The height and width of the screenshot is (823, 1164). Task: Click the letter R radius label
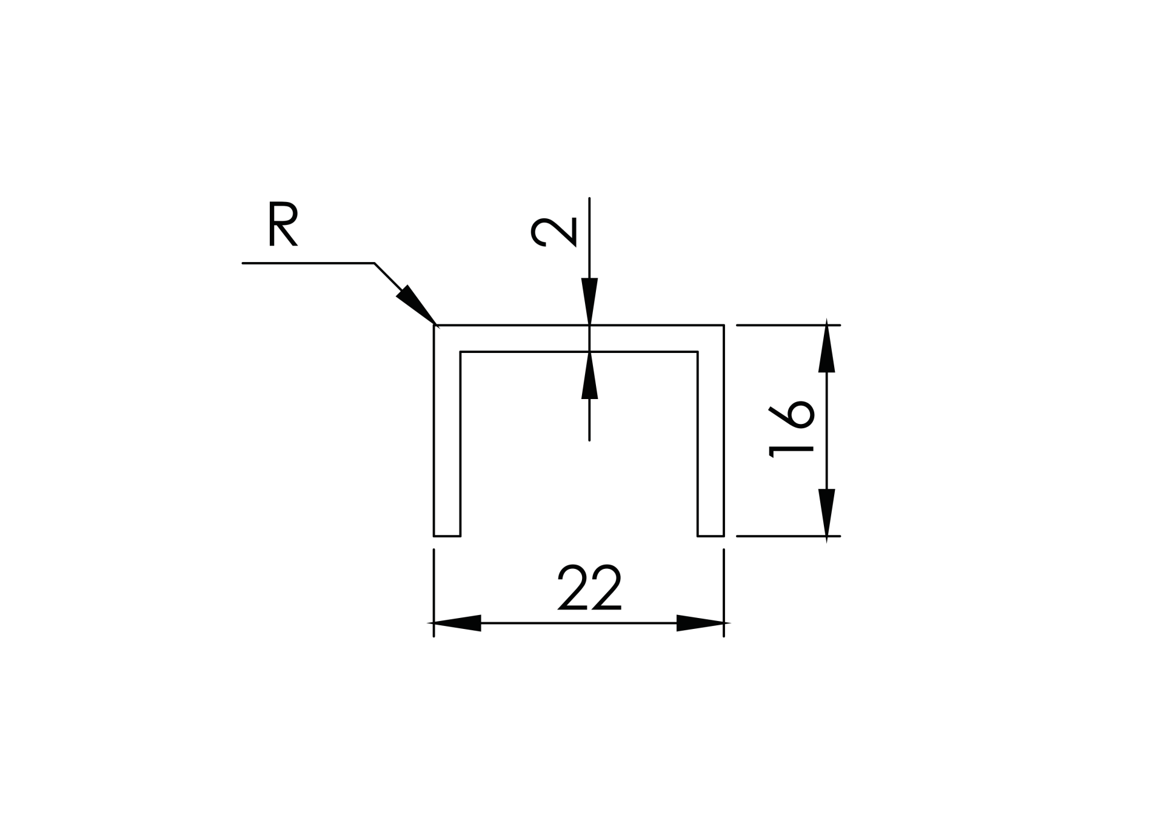coord(283,225)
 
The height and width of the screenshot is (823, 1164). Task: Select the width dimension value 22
coord(589,588)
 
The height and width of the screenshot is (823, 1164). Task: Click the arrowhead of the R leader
coord(415,304)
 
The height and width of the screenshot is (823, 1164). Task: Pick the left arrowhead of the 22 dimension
coord(456,623)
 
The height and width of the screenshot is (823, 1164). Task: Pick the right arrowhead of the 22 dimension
coord(701,623)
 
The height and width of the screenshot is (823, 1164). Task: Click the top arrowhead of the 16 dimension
coord(826,348)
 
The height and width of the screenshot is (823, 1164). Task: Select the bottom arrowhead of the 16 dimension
coord(826,513)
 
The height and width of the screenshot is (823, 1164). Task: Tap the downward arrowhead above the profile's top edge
coord(589,301)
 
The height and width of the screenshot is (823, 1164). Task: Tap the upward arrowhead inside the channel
coord(589,376)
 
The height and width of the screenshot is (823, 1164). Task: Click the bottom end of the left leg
coord(447,536)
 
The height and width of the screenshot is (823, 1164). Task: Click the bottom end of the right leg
coord(711,536)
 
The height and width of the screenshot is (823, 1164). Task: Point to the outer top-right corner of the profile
coord(724,326)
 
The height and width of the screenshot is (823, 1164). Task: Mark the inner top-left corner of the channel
coord(461,352)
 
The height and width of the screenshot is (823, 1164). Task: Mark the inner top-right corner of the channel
coord(698,352)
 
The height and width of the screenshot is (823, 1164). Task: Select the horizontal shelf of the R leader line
coord(308,263)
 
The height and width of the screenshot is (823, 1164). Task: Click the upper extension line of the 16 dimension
coord(788,326)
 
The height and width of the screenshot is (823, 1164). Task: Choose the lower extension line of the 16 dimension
coord(788,536)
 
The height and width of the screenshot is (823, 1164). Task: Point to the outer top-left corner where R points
coord(435,326)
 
